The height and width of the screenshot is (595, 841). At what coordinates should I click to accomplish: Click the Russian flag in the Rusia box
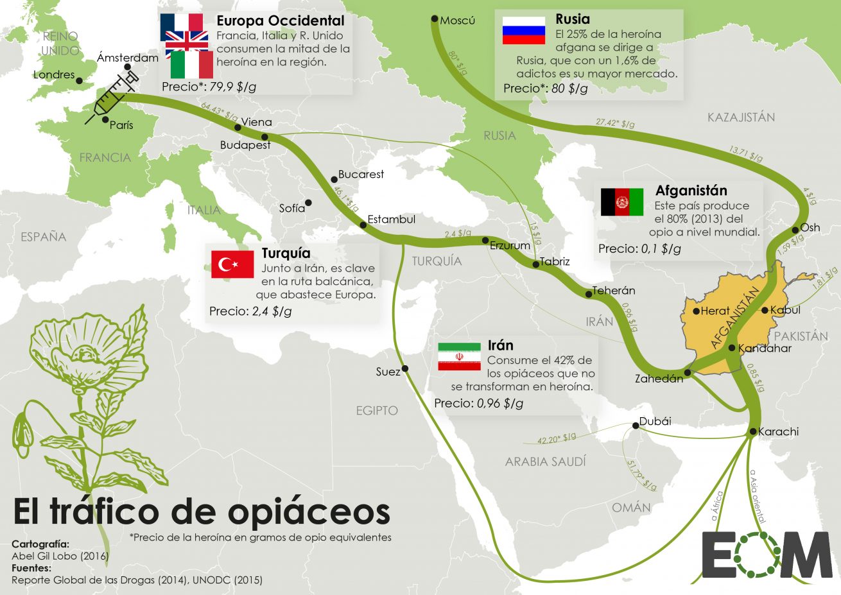[523, 30]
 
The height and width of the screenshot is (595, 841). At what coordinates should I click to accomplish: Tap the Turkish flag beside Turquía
[232, 264]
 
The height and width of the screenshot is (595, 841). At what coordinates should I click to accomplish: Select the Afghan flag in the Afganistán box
[621, 202]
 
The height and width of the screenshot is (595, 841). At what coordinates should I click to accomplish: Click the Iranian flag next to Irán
[459, 356]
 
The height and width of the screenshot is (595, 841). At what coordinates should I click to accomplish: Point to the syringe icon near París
[112, 98]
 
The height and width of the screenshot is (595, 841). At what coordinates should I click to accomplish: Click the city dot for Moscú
[435, 19]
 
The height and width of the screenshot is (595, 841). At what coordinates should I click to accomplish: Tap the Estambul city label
[391, 220]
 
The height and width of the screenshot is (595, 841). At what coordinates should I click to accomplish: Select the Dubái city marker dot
[635, 425]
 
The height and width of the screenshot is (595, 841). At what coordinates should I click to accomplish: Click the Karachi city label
[778, 431]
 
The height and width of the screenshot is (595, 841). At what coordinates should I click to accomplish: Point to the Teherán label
[613, 291]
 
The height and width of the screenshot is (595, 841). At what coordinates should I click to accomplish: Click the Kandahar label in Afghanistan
[765, 349]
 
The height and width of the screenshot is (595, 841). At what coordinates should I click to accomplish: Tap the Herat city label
[715, 311]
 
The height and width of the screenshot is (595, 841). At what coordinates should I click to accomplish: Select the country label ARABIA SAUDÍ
[545, 461]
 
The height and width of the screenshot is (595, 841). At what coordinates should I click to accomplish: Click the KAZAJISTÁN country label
[741, 117]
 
